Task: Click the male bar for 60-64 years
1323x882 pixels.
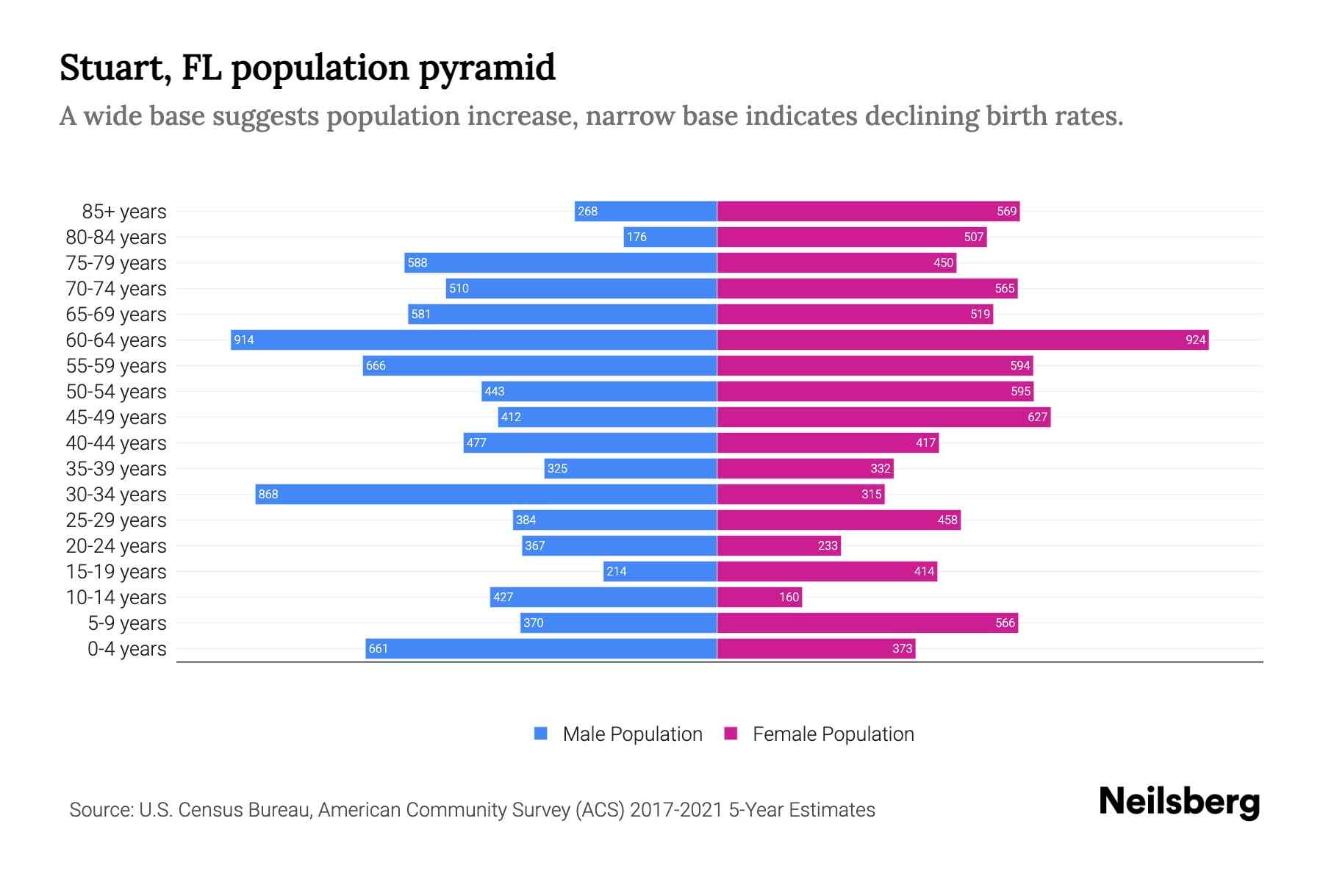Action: [x=474, y=340]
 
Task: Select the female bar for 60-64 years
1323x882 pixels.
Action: [x=963, y=340]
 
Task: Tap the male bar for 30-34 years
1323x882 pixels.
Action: [x=486, y=494]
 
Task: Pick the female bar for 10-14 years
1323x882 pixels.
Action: [x=759, y=597]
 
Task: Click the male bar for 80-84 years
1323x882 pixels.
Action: [x=670, y=237]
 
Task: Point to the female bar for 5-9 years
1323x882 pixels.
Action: [x=867, y=623]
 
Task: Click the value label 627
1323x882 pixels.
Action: [x=1037, y=417]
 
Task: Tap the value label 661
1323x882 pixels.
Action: [x=378, y=648]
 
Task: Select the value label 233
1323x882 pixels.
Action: [x=828, y=545]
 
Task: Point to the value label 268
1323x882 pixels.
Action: [x=587, y=211]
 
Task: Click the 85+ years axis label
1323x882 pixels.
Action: [x=124, y=212]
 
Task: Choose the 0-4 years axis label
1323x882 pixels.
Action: [x=126, y=649]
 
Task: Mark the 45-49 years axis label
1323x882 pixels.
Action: [x=116, y=417]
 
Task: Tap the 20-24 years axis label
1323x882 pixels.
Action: [x=116, y=546]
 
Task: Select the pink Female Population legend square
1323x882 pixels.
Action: [x=731, y=734]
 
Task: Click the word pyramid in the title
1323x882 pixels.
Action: [x=487, y=68]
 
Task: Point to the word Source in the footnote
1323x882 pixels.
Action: [x=101, y=810]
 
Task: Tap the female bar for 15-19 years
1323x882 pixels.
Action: [x=827, y=571]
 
